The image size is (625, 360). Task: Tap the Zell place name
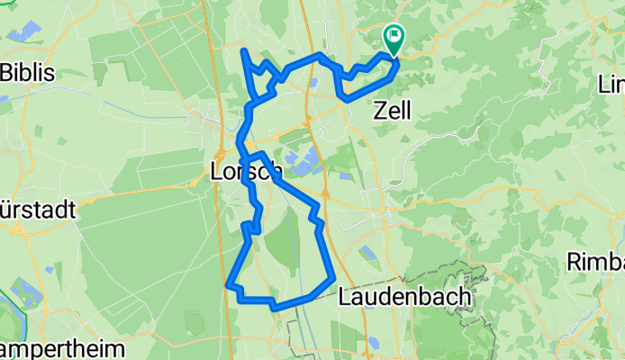(x=392, y=111)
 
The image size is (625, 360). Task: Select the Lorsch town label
(x=245, y=170)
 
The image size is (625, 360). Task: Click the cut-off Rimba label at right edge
(x=596, y=261)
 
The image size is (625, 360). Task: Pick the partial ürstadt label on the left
(x=25, y=206)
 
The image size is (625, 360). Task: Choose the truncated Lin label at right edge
(x=612, y=85)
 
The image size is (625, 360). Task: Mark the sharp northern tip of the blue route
(x=244, y=49)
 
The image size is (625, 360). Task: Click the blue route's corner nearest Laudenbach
(x=333, y=275)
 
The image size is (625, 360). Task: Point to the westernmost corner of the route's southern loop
(x=227, y=286)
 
